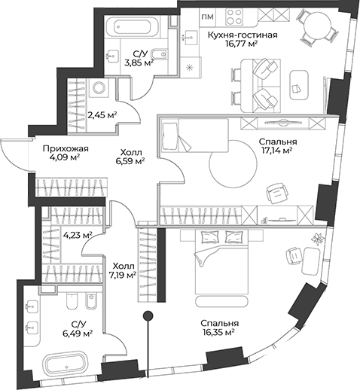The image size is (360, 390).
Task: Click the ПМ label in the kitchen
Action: pos(207,17)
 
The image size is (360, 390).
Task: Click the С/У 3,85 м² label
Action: pos(140,58)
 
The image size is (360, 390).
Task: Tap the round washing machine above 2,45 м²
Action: pos(99,88)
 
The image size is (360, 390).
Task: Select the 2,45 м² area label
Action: pos(102,115)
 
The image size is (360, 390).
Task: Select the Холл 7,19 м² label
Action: pos(123,270)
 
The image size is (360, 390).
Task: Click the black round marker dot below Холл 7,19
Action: pos(149,315)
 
